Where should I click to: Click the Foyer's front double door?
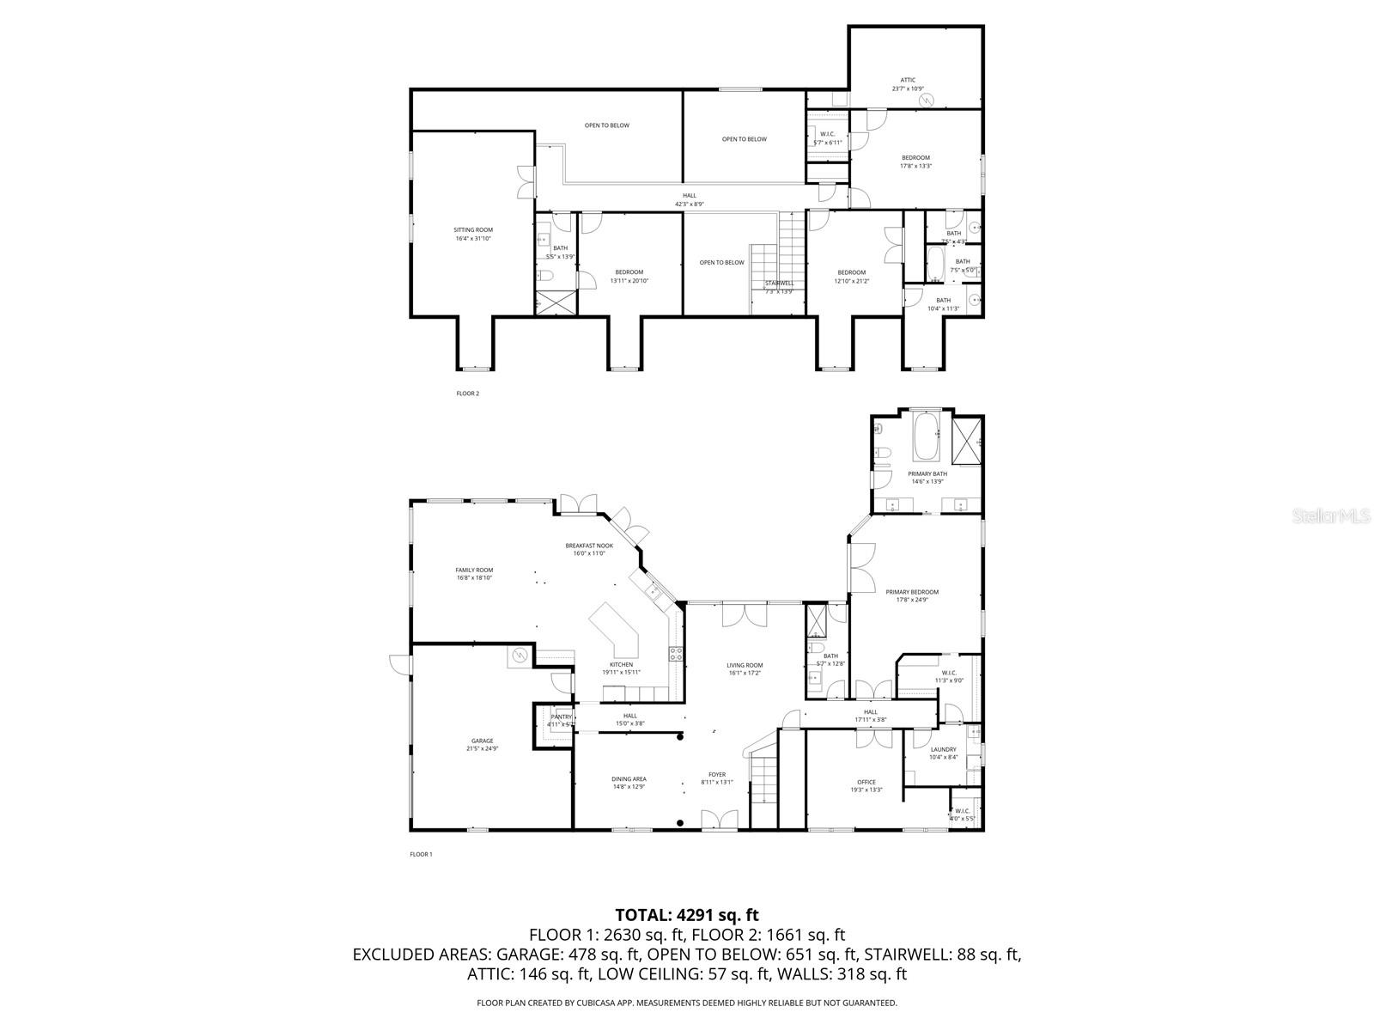tap(719, 821)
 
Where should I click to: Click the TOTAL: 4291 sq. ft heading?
tap(687, 915)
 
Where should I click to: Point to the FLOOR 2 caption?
tap(467, 393)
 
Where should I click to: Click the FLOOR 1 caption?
tap(421, 854)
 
